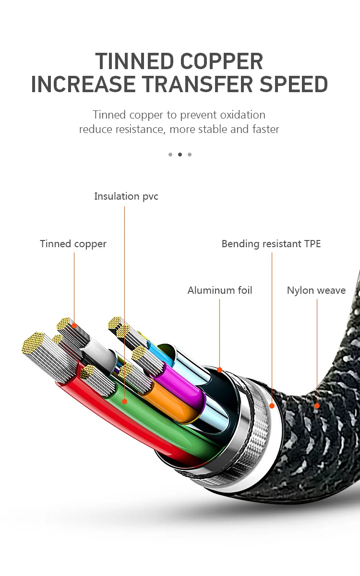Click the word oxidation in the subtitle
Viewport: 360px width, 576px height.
(242, 115)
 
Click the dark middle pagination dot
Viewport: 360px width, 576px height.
(180, 155)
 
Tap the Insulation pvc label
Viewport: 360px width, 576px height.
(126, 196)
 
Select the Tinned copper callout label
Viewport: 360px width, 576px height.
(73, 244)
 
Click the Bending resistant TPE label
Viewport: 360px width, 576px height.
(271, 244)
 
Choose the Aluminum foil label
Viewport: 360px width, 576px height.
(219, 290)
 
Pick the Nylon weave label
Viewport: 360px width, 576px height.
(316, 290)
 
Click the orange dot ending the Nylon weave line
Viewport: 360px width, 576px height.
(317, 406)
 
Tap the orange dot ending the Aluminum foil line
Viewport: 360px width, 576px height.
(219, 370)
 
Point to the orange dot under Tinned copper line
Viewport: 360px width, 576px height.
(74, 325)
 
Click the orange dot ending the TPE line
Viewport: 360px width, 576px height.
(272, 406)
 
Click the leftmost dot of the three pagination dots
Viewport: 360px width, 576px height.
(170, 155)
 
